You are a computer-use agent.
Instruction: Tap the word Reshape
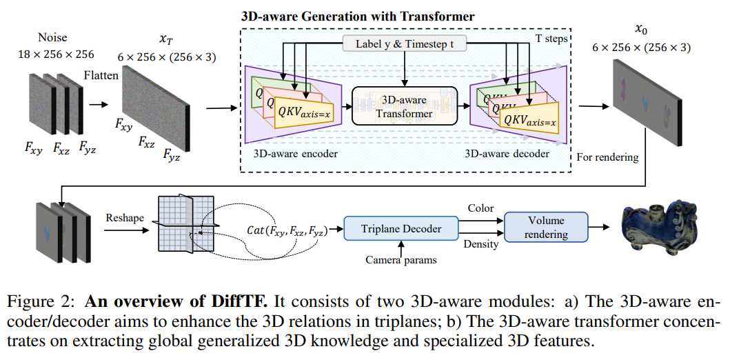(125, 218)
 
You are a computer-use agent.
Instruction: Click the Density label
(482, 245)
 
